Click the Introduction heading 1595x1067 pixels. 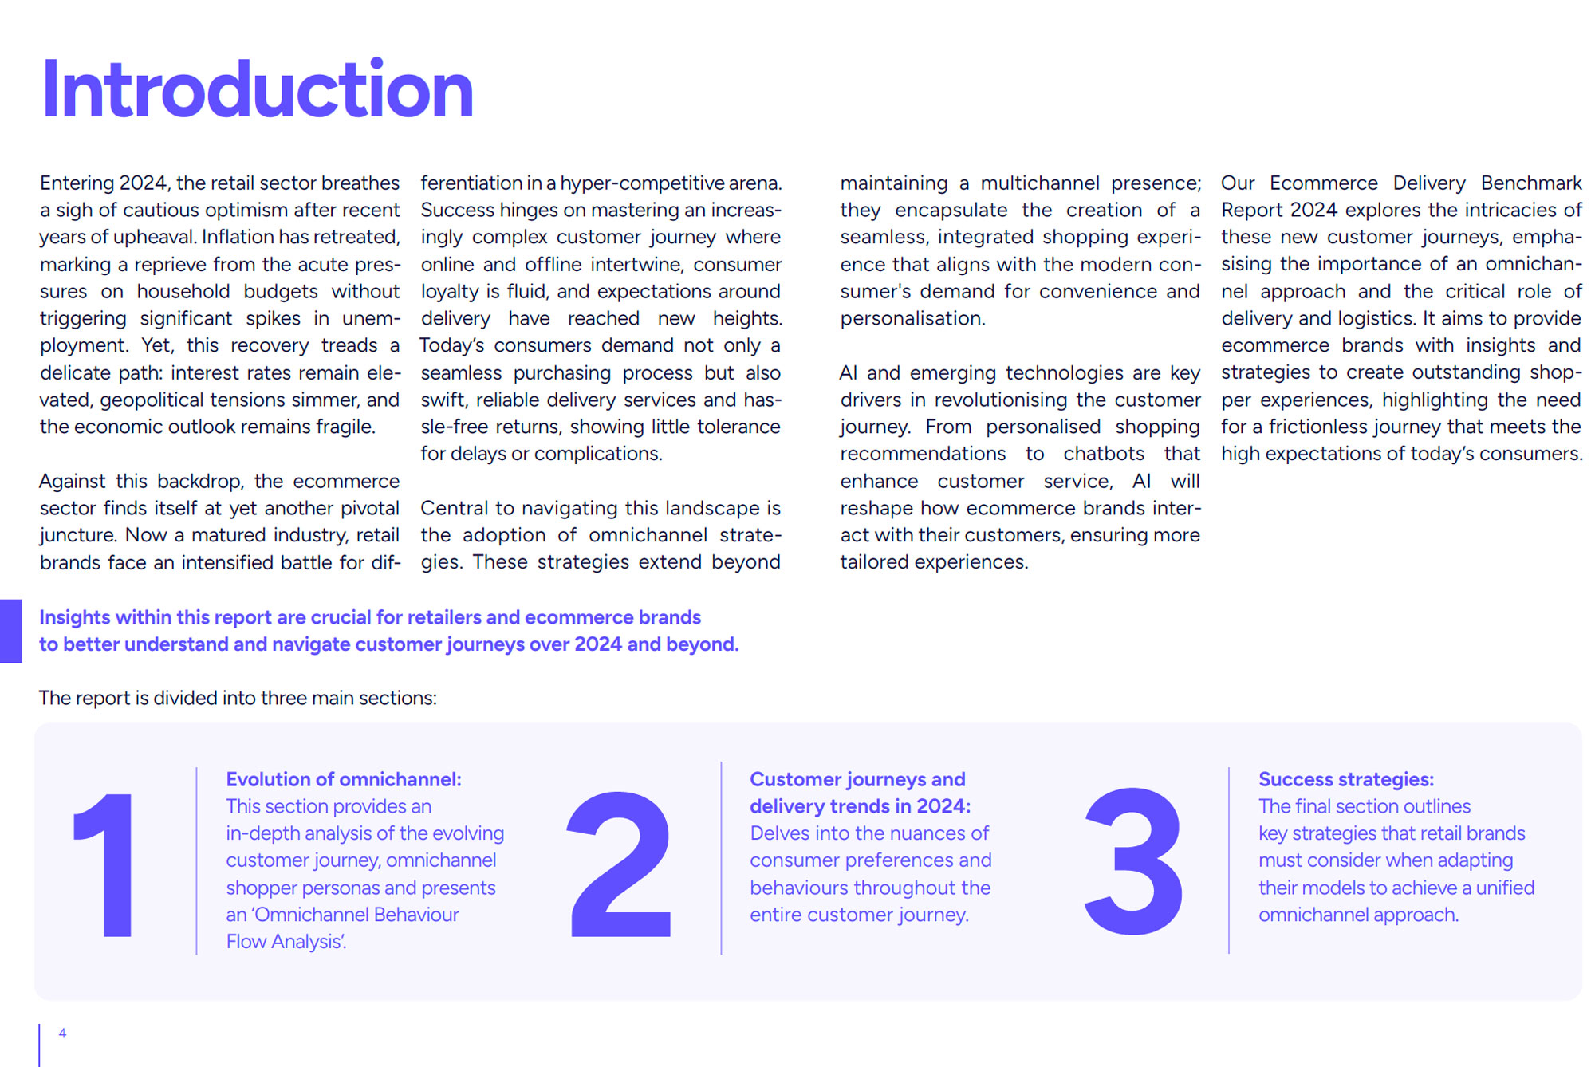point(258,90)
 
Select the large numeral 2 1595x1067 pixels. point(620,864)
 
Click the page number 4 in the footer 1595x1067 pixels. point(62,1033)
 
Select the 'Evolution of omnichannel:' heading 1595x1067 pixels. point(344,779)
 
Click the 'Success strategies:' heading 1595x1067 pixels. point(1345,779)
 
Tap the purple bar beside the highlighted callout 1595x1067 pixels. point(11,631)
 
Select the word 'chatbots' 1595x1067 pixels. point(1104,454)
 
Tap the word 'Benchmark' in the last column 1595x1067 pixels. point(1530,183)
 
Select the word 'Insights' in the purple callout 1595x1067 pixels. point(74,617)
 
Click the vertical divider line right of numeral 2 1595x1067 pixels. point(721,858)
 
